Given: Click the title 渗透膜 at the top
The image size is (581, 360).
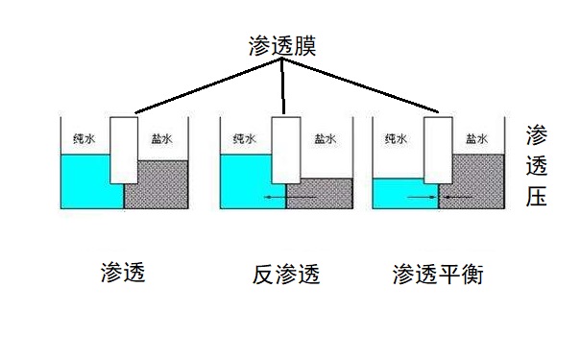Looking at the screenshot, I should tap(282, 45).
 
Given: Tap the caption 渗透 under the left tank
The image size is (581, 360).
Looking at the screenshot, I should tap(123, 273).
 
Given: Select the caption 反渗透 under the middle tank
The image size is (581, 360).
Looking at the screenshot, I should tap(285, 276).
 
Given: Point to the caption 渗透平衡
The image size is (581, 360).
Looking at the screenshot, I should tap(438, 275).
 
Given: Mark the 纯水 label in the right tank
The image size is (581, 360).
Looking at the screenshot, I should tap(396, 138).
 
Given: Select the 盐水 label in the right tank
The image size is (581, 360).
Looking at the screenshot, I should tap(475, 138).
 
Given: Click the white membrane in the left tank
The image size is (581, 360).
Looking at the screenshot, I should tap(124, 149).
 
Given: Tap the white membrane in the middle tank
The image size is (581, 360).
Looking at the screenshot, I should tap(284, 149).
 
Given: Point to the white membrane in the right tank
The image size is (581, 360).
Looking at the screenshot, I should tap(439, 149).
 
